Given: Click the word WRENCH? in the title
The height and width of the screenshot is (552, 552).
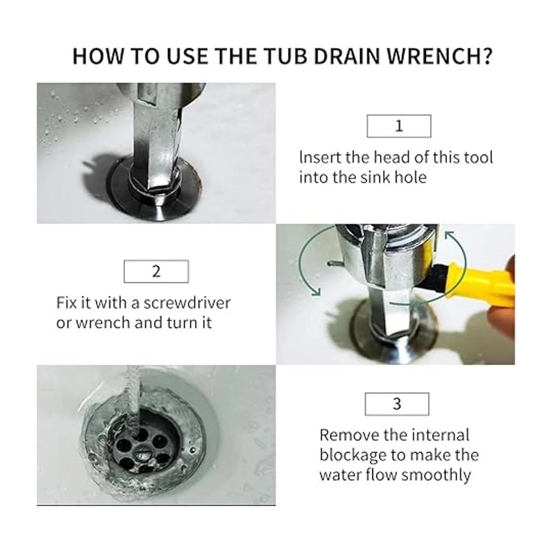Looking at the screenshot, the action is [439, 57].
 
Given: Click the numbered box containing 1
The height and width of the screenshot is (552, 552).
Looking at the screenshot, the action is [399, 126].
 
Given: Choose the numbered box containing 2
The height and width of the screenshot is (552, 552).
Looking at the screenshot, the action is [156, 271].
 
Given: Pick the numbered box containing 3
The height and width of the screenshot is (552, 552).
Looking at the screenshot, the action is [397, 404].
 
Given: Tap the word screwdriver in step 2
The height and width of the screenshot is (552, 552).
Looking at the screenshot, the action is [187, 303].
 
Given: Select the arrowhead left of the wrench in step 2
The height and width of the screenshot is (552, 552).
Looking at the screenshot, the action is [316, 292].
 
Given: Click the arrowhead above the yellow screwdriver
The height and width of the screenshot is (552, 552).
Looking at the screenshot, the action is [450, 236].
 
